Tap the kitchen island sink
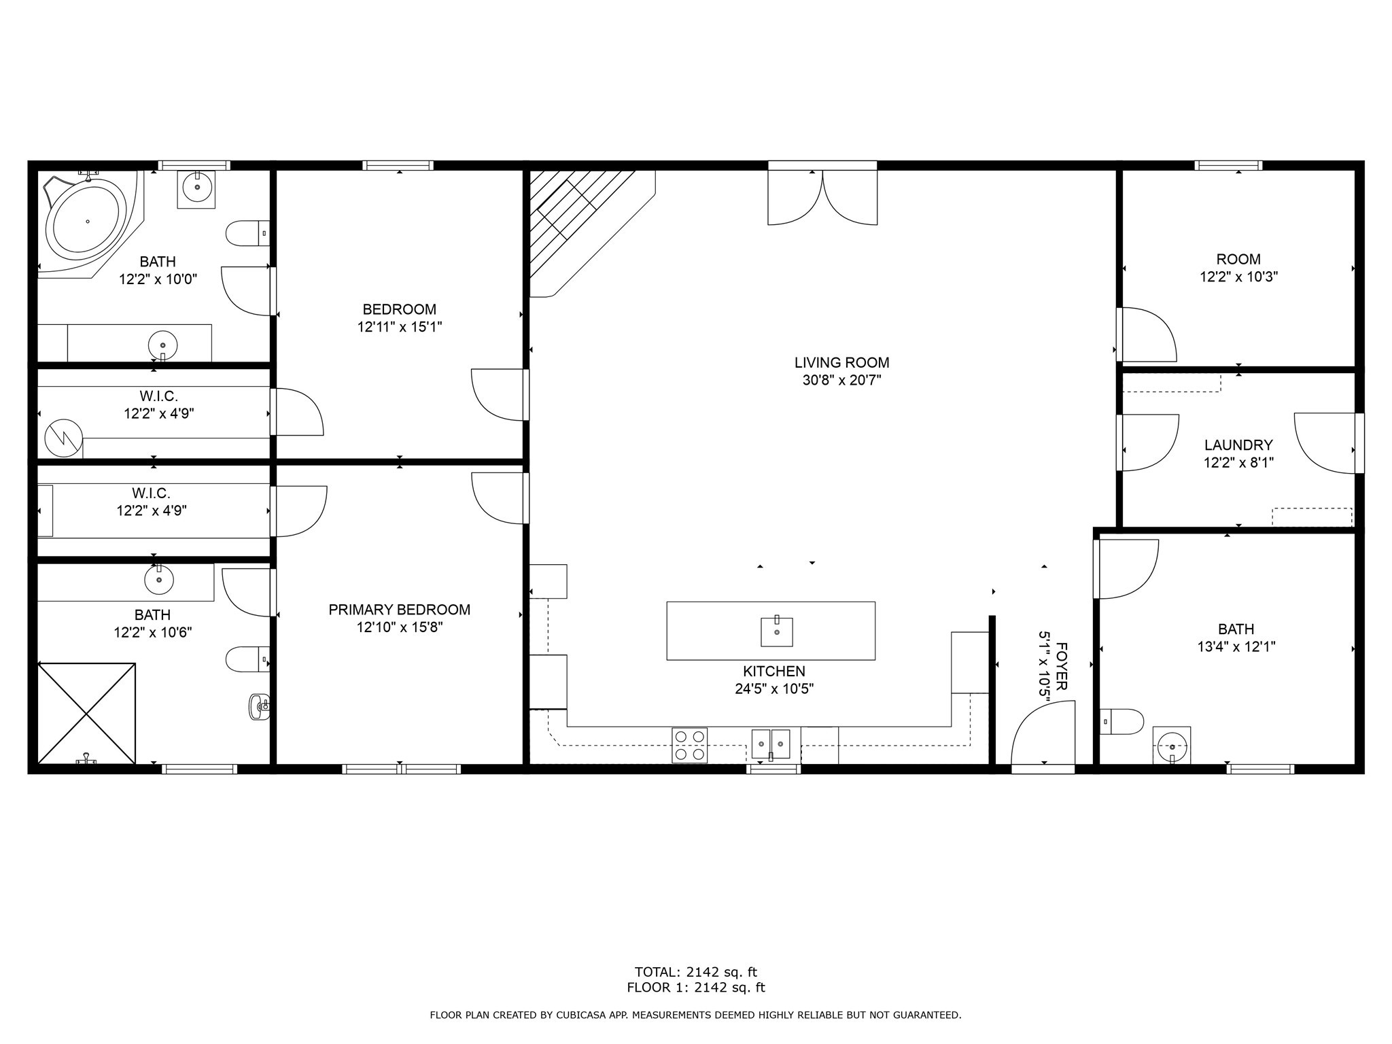pos(776,631)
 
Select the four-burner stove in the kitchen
pos(689,745)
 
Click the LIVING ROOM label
pos(841,363)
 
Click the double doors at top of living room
pos(822,197)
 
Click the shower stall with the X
pos(86,713)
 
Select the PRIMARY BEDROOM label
pos(399,610)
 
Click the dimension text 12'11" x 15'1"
pos(400,327)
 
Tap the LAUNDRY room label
pos(1238,445)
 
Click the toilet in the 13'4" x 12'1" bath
pos(1121,721)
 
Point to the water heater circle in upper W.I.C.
pos(64,438)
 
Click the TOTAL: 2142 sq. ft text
pos(695,972)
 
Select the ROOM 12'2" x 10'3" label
pos(1238,260)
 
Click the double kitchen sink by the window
pos(771,744)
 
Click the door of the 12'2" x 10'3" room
pos(1147,334)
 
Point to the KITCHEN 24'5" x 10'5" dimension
pos(773,689)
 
